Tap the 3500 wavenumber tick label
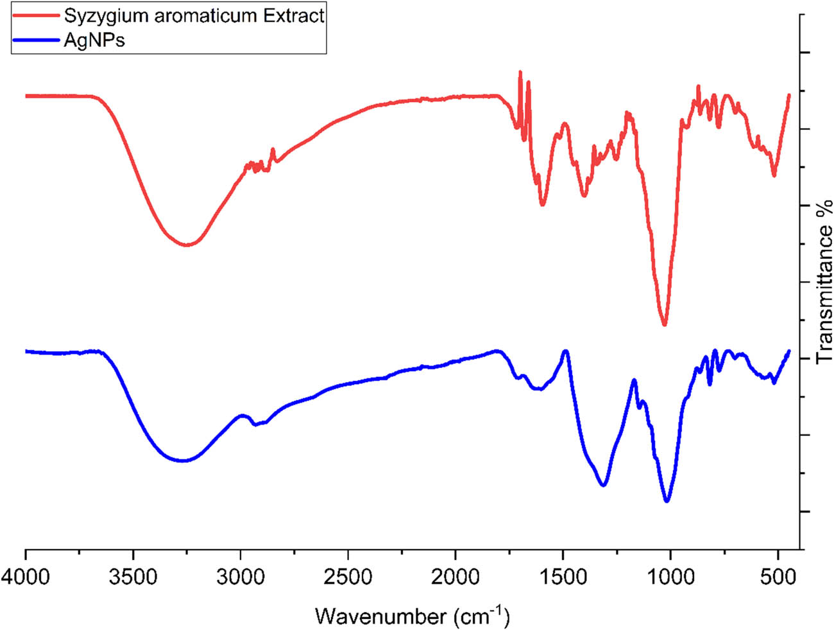[133, 577]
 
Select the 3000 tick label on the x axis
[241, 577]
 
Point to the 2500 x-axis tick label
[348, 577]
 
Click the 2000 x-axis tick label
[455, 577]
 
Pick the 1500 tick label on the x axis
[563, 577]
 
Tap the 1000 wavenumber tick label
[670, 577]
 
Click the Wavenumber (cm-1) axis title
[413, 616]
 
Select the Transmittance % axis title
[824, 281]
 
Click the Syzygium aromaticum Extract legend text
[194, 15]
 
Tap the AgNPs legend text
[94, 40]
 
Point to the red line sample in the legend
[37, 15]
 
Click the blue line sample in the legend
[37, 40]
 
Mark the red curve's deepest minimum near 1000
[665, 324]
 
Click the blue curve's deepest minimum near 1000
[667, 501]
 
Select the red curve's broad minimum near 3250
[187, 245]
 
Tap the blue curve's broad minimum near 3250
[183, 460]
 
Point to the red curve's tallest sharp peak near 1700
[520, 72]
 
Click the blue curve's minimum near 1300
[603, 486]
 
